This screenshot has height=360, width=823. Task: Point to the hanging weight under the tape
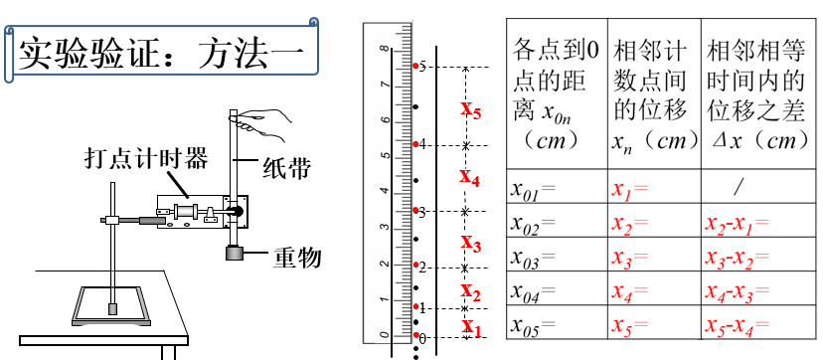(237, 255)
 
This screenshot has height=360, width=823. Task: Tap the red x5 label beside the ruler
(471, 109)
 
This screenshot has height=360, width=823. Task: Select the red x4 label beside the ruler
(469, 178)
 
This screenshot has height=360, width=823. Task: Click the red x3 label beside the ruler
(471, 244)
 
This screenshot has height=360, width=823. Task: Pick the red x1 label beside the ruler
(471, 325)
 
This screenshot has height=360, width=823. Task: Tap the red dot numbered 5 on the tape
(415, 67)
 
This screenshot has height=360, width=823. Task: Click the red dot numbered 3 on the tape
(415, 211)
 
